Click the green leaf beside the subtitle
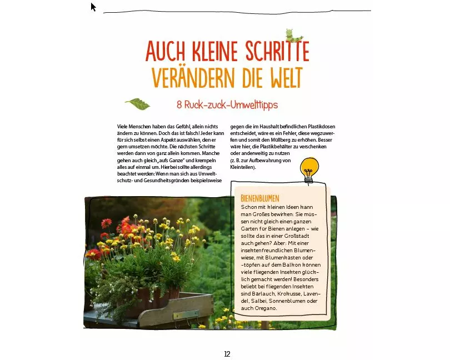(137, 103)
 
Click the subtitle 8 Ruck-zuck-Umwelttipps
(227, 104)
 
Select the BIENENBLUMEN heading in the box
(259, 198)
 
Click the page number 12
(227, 354)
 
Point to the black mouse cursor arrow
(93, 7)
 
